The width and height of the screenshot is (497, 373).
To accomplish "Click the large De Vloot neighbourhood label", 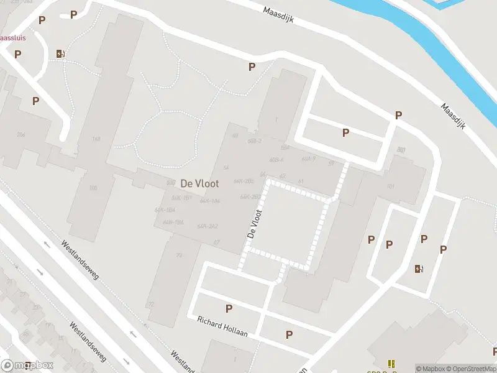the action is click(x=199, y=184).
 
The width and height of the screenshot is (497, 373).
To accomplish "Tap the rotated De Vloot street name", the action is click(x=254, y=224).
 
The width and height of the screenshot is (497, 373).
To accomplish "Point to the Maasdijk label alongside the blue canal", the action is click(x=457, y=115).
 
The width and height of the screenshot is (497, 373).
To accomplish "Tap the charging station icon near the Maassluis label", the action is click(x=60, y=53).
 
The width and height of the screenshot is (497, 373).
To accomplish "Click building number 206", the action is click(x=21, y=134).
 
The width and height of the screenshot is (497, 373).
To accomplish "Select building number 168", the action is click(x=96, y=139).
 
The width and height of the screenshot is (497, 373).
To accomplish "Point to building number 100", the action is click(x=93, y=188).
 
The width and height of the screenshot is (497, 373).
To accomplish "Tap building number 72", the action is click(x=150, y=305).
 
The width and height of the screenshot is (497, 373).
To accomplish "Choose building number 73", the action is click(x=180, y=256).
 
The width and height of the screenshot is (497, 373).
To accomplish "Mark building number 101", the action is click(x=391, y=186).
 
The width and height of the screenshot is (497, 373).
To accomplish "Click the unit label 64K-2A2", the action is click(x=207, y=226).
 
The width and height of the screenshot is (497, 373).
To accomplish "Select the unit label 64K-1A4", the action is click(x=209, y=201).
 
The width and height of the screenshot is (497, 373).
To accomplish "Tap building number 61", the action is click(x=301, y=181).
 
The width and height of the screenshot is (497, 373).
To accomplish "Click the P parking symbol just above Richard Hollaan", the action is click(x=229, y=308).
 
